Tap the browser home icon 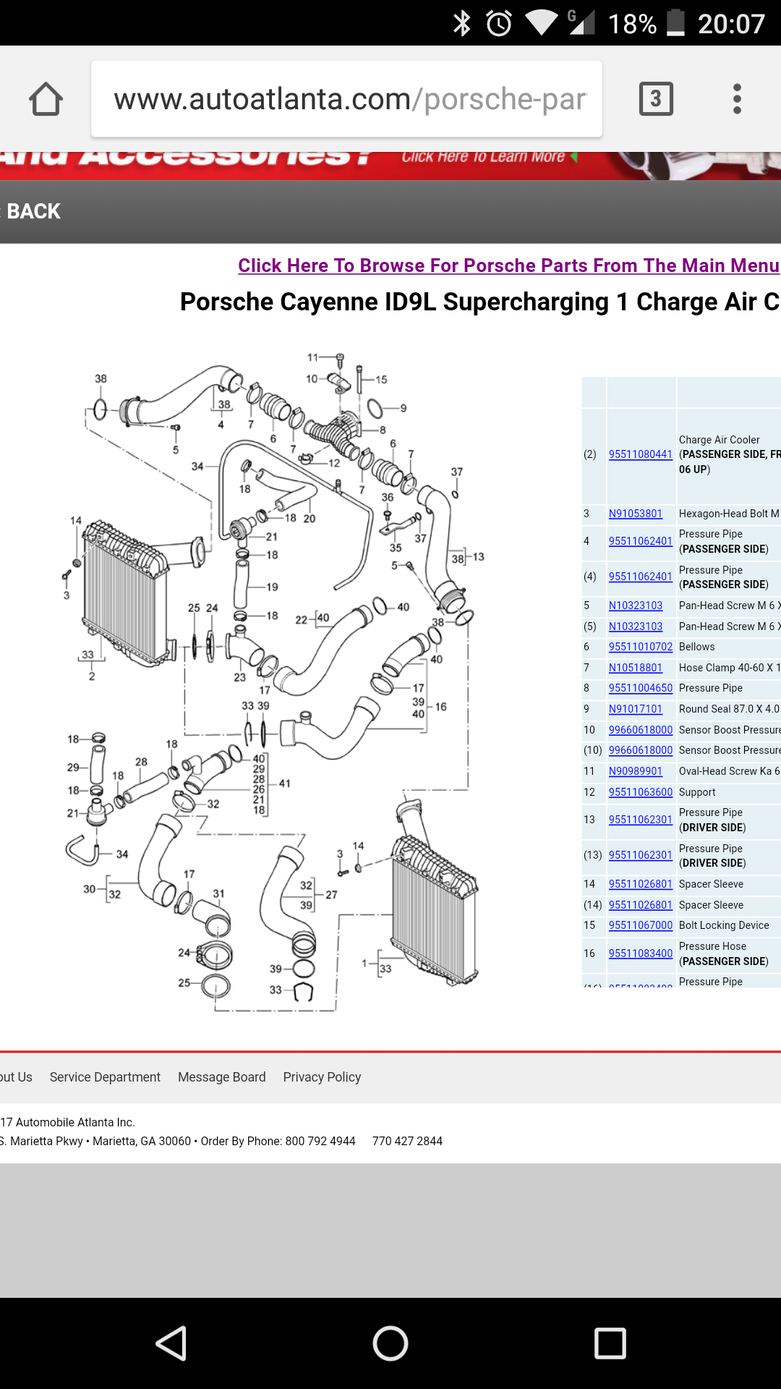46,99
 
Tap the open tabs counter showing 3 656,98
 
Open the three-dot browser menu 737,98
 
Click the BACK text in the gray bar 33,211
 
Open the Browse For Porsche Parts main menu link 508,266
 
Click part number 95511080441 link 640,454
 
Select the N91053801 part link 635,514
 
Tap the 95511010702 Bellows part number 640,647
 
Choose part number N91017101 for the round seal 635,709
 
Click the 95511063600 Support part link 640,792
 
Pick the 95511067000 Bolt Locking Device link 640,925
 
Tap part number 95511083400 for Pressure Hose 640,953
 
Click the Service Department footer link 105,1077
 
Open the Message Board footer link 221,1077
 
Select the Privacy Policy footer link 322,1077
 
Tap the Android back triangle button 172,1343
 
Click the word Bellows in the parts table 696,647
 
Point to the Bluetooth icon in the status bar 461,23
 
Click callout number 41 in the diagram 285,783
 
